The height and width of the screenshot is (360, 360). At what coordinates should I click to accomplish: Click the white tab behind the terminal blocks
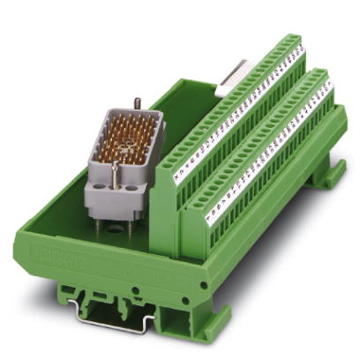[234, 80]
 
